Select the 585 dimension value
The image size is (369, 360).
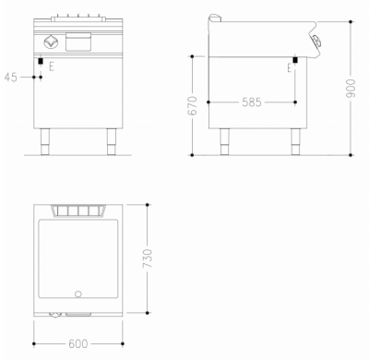tap(251, 102)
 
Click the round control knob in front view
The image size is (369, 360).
tap(49, 42)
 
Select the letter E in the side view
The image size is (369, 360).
tap(291, 67)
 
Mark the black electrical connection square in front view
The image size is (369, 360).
tap(41, 62)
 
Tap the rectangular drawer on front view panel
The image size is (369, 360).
tap(79, 42)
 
